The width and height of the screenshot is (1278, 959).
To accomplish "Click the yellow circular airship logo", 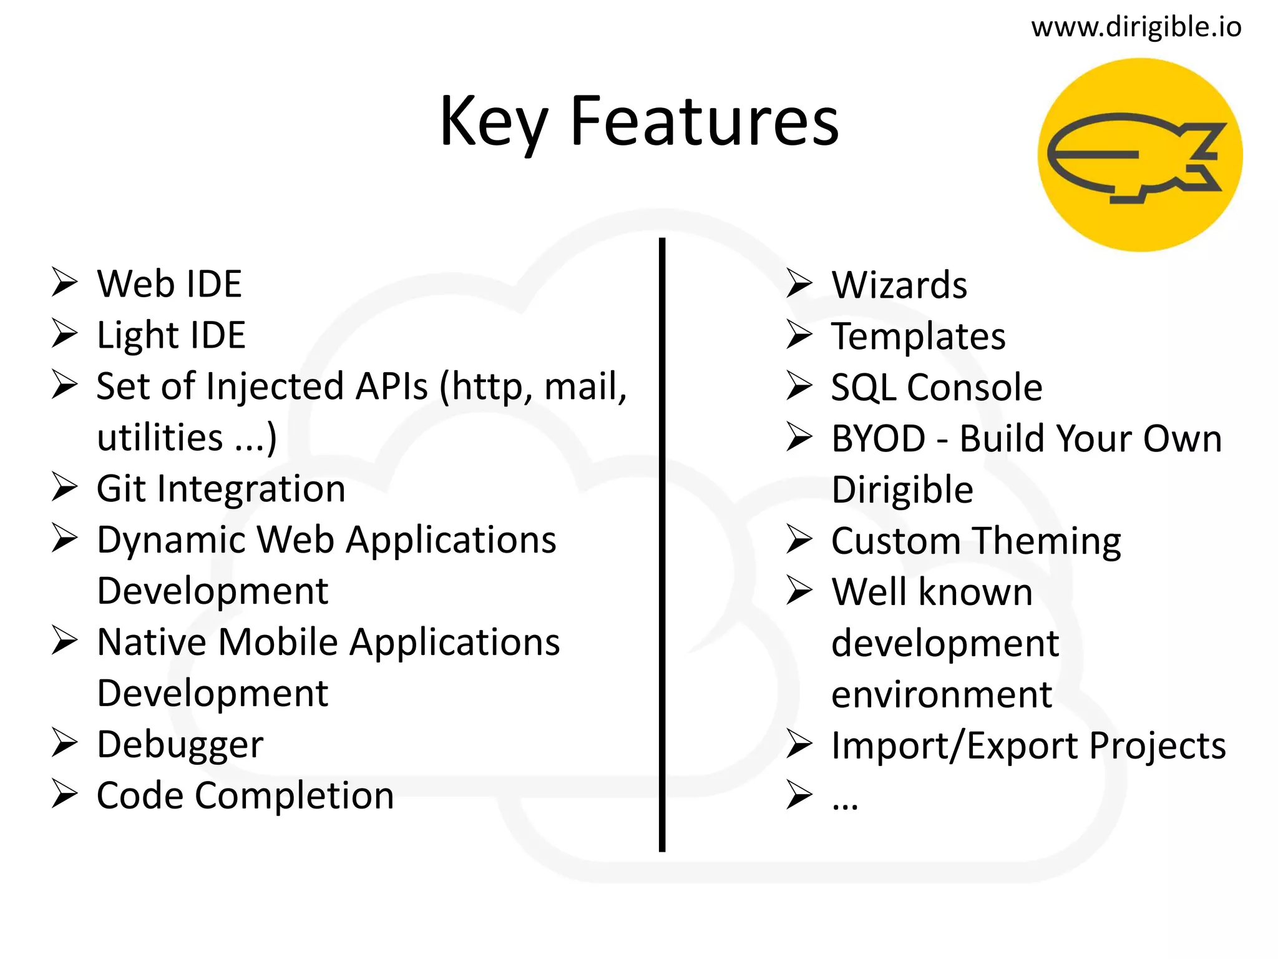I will [x=1139, y=155].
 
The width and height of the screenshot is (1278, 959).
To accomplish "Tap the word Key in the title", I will [x=493, y=122].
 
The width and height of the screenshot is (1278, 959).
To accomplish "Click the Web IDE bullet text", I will [x=169, y=284].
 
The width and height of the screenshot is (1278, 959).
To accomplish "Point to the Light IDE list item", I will [x=171, y=335].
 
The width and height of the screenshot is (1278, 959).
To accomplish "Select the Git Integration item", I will [x=221, y=489].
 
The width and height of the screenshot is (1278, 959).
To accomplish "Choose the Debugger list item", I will [x=180, y=745].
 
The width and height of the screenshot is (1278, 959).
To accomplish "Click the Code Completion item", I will [x=245, y=796].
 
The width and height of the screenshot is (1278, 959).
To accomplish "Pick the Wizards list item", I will [x=899, y=285].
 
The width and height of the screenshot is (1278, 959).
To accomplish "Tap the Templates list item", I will [x=918, y=337].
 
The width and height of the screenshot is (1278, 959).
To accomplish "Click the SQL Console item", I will [x=936, y=388].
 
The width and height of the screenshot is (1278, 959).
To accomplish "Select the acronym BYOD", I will [x=878, y=439].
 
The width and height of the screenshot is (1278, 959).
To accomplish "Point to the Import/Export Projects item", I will [x=1028, y=746].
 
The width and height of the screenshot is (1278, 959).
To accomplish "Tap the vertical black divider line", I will [x=661, y=543].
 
